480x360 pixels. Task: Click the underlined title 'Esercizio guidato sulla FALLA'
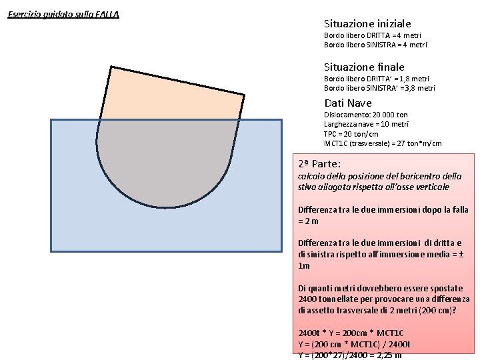[x=63, y=15]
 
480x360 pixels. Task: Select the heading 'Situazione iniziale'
[x=367, y=23]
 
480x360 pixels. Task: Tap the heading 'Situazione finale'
[x=364, y=67]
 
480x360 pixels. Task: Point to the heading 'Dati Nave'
[x=348, y=103]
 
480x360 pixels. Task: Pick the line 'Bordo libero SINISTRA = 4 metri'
[x=375, y=45]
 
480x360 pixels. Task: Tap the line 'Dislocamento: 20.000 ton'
[x=366, y=115]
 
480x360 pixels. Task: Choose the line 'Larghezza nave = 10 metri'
[x=366, y=124]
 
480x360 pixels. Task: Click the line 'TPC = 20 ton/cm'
[x=351, y=134]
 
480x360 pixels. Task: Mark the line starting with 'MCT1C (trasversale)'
[x=383, y=143]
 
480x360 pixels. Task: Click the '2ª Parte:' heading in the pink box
[x=319, y=164]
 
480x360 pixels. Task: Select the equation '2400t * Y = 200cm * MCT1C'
[x=351, y=333]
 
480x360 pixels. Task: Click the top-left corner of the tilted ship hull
[x=111, y=67]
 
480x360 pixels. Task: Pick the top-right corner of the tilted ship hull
[x=244, y=95]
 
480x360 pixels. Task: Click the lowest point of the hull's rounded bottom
[x=165, y=207]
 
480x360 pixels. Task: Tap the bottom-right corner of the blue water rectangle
[x=281, y=251]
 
